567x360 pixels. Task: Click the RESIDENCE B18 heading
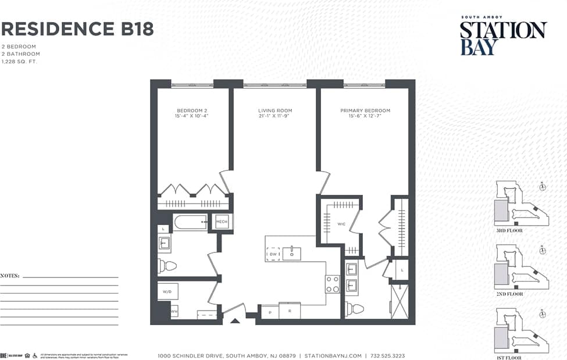(77, 28)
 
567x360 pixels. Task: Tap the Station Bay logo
(503, 37)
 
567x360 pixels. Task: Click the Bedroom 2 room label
(192, 111)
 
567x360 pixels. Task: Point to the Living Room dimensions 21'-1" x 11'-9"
(275, 116)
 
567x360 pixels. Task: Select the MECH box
(222, 222)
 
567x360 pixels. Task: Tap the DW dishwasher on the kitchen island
(272, 254)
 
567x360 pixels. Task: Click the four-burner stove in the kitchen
(332, 284)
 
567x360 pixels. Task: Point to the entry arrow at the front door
(235, 320)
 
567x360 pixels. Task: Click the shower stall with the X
(400, 300)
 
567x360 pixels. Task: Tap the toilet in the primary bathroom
(354, 309)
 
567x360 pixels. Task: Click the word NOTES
(10, 276)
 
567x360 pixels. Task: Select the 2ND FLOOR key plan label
(509, 294)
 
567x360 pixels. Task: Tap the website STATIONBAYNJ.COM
(334, 355)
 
